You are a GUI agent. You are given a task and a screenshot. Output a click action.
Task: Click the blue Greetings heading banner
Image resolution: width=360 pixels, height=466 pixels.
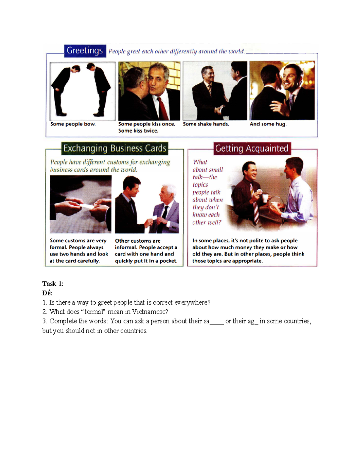click(x=85, y=51)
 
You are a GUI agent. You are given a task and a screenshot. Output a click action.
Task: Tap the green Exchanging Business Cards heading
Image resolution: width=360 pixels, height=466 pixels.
click(x=115, y=149)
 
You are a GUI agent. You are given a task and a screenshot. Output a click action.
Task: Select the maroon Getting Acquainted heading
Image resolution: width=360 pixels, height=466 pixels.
click(x=252, y=149)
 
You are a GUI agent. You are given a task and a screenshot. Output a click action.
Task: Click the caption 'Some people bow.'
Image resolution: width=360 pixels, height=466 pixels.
click(x=73, y=124)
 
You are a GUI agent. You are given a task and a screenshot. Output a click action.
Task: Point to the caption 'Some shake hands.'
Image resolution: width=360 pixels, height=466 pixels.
click(x=206, y=124)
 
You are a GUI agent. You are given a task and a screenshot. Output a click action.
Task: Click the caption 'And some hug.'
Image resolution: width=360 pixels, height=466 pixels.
click(x=268, y=124)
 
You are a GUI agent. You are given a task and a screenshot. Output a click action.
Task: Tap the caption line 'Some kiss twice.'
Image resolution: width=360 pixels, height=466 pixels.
click(x=138, y=131)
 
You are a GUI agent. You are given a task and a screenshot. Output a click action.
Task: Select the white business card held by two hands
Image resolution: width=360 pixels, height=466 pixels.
click(x=86, y=206)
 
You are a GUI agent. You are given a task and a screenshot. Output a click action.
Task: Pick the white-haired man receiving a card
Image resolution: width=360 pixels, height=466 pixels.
click(x=167, y=207)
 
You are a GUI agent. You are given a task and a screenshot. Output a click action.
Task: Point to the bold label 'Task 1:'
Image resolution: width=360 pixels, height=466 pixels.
click(x=53, y=284)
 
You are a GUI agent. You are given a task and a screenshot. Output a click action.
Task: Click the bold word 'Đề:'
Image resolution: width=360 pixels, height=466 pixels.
click(x=47, y=293)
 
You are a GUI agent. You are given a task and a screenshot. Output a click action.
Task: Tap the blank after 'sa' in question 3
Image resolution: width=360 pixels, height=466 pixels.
click(x=217, y=322)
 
